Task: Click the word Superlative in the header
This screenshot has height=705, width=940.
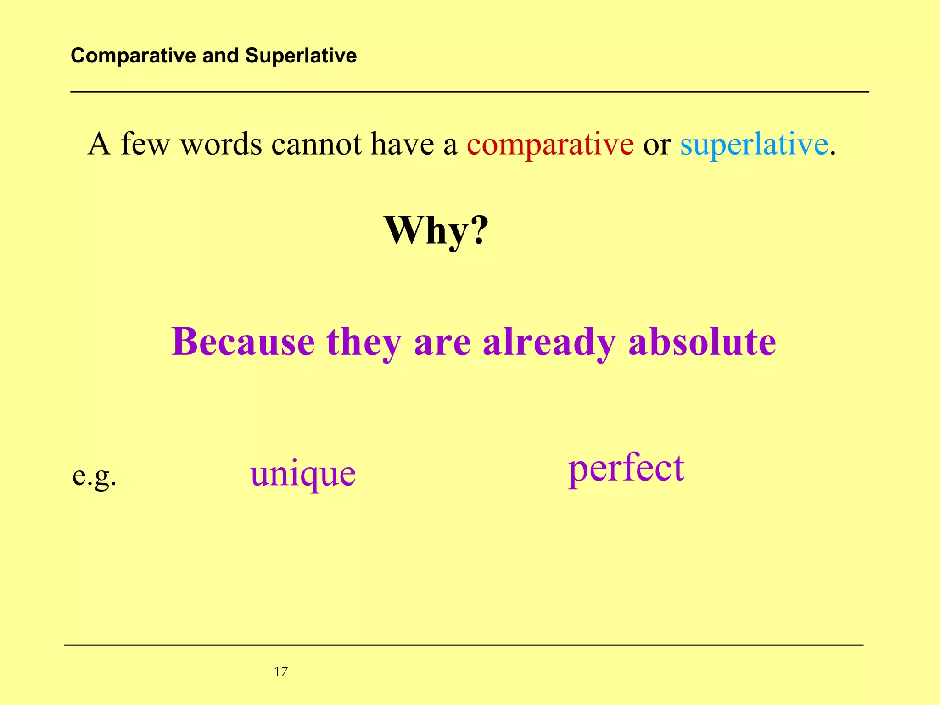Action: pyautogui.click(x=301, y=56)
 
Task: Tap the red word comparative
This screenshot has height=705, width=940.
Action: pyautogui.click(x=550, y=145)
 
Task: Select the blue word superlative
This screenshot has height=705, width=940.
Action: pyautogui.click(x=754, y=145)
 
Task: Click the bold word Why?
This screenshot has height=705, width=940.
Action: pyautogui.click(x=436, y=230)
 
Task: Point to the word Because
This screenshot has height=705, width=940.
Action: pyautogui.click(x=243, y=342)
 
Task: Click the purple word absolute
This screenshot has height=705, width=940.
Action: pyautogui.click(x=702, y=342)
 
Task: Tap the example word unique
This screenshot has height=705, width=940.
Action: pyautogui.click(x=303, y=474)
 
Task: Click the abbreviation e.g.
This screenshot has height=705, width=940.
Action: pyautogui.click(x=95, y=476)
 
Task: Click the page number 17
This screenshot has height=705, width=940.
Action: pyautogui.click(x=281, y=672)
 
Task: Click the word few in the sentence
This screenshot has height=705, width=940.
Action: pyautogui.click(x=145, y=145)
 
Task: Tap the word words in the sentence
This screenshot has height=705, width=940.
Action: pyautogui.click(x=221, y=145)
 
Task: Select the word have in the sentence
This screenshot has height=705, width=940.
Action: pyautogui.click(x=402, y=145)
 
